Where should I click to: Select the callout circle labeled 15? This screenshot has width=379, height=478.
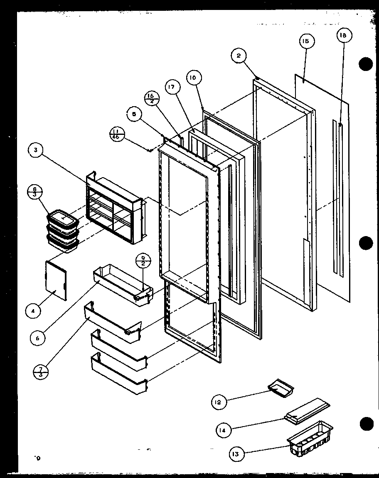tap(306, 41)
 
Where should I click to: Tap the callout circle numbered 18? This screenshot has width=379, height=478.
tap(343, 36)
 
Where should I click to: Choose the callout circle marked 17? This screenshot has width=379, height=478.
tap(173, 88)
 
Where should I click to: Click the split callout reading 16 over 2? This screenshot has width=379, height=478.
tap(150, 100)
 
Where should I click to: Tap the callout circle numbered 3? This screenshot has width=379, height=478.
tap(36, 151)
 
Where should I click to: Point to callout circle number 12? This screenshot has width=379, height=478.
tap(219, 401)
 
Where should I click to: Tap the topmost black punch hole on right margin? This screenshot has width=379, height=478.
tap(366, 64)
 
